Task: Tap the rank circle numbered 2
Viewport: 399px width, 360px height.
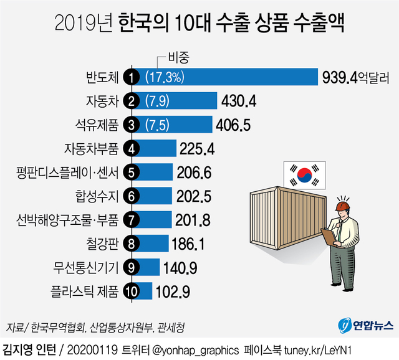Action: pos(131,101)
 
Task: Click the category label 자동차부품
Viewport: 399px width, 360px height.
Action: pos(91,148)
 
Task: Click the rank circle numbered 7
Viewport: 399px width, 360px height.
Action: pos(131,219)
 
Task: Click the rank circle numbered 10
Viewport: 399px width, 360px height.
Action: pos(131,290)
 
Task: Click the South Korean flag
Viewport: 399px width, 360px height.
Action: pos(305,176)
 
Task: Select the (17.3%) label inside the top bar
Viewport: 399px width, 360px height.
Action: pos(163,77)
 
